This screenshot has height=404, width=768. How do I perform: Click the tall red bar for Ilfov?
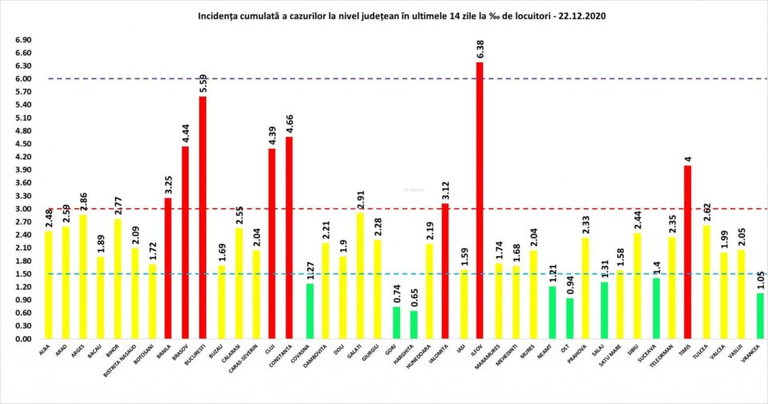pyautogui.click(x=480, y=200)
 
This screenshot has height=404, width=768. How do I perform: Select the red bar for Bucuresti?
pyautogui.click(x=203, y=217)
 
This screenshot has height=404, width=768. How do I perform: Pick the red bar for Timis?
pyautogui.click(x=687, y=252)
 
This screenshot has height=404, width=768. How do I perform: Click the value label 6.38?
pyautogui.click(x=480, y=47)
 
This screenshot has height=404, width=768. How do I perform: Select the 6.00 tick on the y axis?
pyautogui.click(x=23, y=78)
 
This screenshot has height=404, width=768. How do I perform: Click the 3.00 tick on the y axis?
pyautogui.click(x=23, y=209)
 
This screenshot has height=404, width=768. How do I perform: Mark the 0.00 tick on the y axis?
pyautogui.click(x=23, y=338)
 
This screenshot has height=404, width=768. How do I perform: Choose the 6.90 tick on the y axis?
pyautogui.click(x=23, y=40)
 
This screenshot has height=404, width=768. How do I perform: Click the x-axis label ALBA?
pyautogui.click(x=46, y=349)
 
